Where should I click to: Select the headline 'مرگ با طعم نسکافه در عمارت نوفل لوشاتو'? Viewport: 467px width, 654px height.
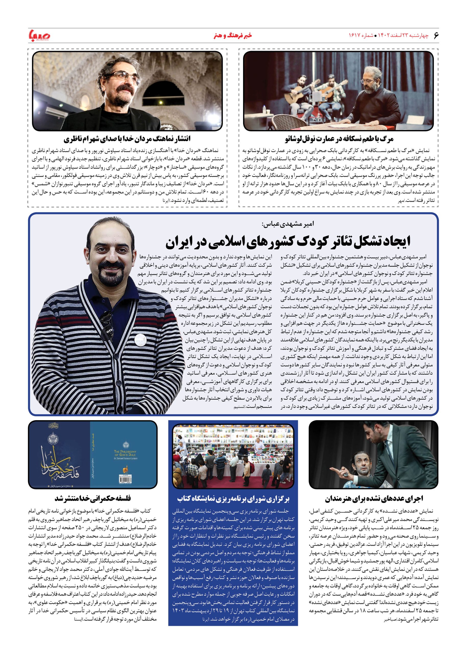click(x=339, y=139)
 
